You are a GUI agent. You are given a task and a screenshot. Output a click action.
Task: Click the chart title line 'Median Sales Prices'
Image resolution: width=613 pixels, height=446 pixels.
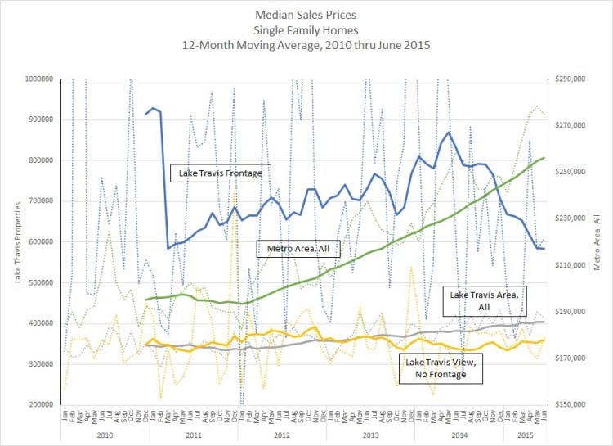[306, 15]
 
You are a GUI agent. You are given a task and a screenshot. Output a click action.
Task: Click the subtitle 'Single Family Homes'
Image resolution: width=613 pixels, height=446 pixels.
[306, 29]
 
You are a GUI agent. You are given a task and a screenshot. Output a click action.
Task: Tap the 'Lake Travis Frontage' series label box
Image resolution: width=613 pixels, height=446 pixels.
[220, 173]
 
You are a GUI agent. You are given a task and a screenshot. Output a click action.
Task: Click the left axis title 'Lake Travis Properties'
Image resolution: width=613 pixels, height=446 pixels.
[18, 241]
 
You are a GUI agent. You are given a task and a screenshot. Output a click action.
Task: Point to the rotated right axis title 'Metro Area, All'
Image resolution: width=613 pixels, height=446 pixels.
[598, 241]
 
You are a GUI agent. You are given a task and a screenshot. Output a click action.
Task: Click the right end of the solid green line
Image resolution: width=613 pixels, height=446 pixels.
[545, 157]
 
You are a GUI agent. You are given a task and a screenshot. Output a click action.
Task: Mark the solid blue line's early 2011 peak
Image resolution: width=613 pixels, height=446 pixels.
[153, 108]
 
